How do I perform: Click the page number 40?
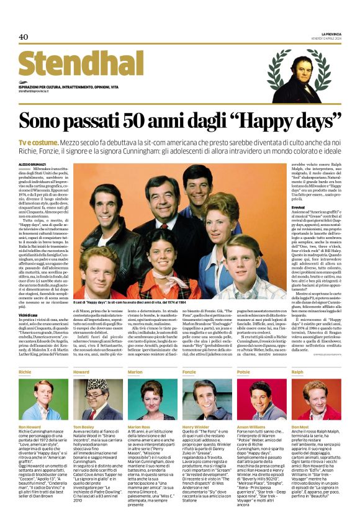coord(24,37)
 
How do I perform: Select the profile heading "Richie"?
coord(25,372)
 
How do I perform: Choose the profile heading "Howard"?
coord(81,372)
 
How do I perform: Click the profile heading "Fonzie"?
coord(190,372)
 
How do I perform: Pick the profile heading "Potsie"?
coord(244,372)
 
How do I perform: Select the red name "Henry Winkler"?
coord(196,428)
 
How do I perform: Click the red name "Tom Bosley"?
coord(85,428)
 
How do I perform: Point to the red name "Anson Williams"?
coord(251,428)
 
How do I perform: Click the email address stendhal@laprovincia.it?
coord(40,91)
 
